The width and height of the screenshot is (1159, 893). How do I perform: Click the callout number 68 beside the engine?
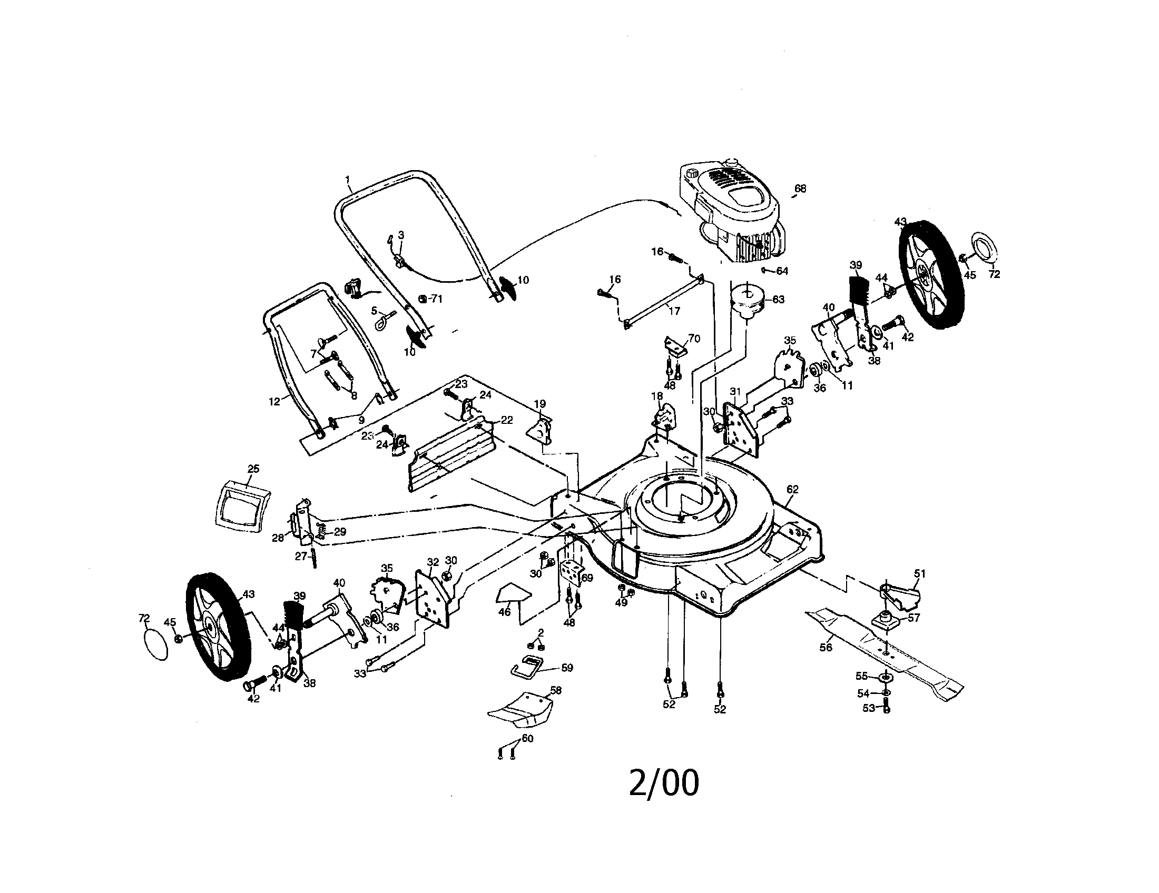[x=800, y=188]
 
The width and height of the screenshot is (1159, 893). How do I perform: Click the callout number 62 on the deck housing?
[x=792, y=490]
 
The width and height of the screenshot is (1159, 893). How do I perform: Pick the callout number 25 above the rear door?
[x=253, y=469]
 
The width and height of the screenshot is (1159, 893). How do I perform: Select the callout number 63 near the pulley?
[x=778, y=300]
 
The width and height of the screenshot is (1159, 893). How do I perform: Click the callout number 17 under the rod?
[x=674, y=311]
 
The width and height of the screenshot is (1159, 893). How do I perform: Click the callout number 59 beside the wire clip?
[x=567, y=668]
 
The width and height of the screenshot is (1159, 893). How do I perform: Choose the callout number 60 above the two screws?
[x=527, y=738]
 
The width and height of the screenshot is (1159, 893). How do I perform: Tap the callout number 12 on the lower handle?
[x=274, y=402]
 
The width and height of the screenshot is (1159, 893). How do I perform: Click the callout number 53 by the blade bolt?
[x=868, y=708]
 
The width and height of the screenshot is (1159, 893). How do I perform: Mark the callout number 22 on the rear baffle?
[x=507, y=420]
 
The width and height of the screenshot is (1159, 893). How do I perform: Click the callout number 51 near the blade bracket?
[x=920, y=573]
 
